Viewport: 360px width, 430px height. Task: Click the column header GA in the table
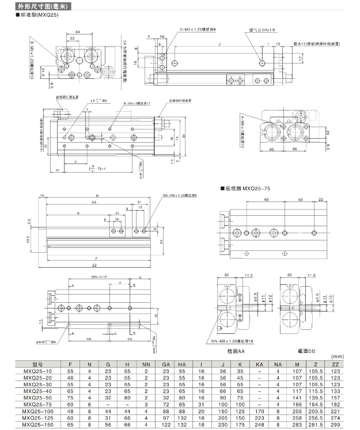166,364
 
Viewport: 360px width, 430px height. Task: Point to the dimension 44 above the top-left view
77,32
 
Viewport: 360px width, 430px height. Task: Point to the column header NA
278,364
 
